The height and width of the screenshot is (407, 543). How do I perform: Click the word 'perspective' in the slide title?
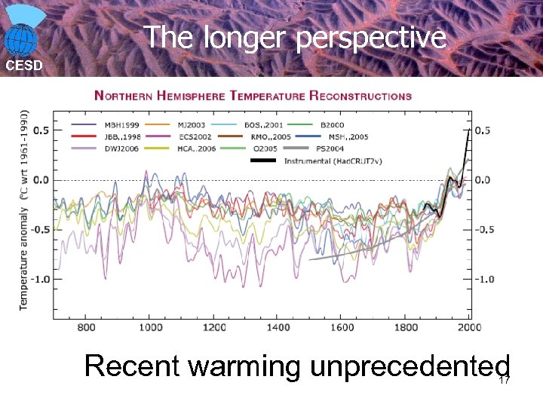coord(370,38)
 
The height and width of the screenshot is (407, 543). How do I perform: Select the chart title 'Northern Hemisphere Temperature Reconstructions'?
coord(253,96)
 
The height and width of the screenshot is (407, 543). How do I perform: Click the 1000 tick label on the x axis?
coord(150,327)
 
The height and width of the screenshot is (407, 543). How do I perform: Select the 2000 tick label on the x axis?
coord(469,327)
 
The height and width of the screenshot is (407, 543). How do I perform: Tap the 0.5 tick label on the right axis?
coord(483,130)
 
